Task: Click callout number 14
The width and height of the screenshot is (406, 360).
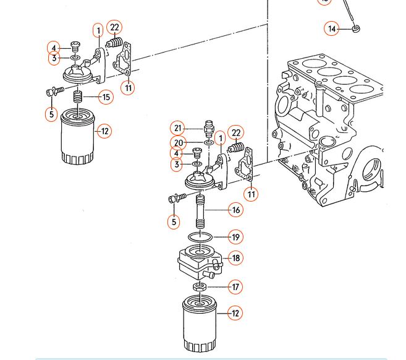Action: (332, 28)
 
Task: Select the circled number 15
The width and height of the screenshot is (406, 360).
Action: (106, 97)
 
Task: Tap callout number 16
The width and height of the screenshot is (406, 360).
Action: (235, 210)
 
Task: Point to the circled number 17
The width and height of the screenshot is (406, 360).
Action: (235, 286)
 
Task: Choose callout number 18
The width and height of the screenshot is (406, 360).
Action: (235, 258)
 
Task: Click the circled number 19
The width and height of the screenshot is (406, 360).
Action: (235, 237)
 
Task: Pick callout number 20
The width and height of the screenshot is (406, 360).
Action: (178, 143)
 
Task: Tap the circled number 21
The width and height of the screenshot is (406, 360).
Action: (178, 129)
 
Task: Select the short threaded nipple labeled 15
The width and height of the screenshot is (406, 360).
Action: (78, 97)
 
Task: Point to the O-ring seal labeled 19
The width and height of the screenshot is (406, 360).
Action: (202, 237)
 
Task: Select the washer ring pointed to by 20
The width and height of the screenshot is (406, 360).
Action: (208, 143)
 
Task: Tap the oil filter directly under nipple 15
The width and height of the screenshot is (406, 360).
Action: (78, 139)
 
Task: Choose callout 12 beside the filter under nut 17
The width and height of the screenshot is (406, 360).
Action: (235, 314)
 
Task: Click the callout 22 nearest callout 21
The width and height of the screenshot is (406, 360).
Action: (235, 133)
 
